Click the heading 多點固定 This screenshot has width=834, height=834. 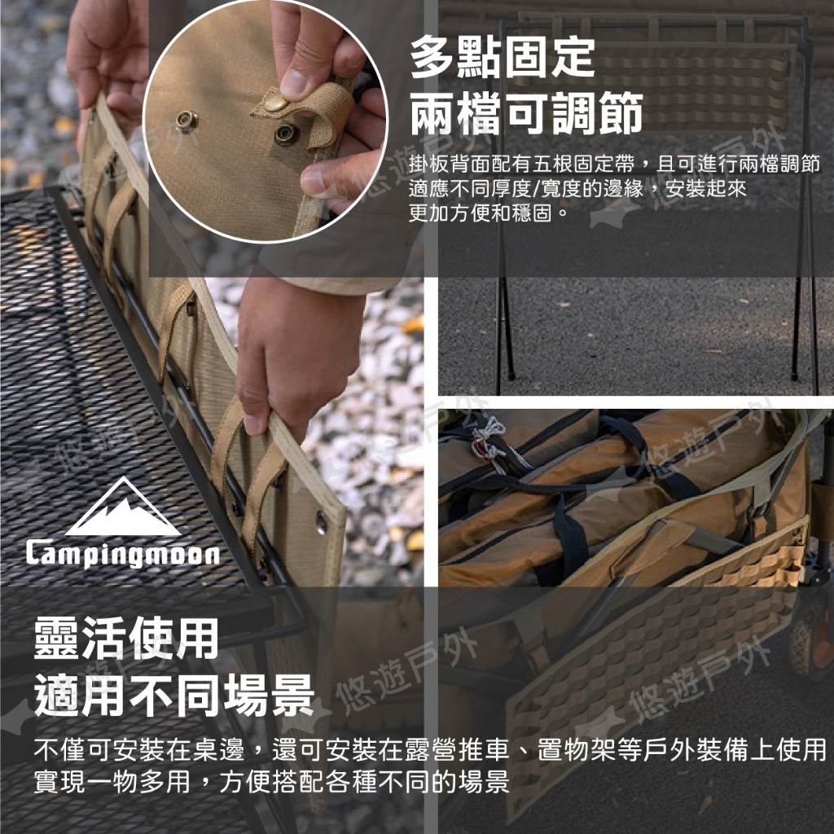point(502,57)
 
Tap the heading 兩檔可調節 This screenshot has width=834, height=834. point(526,112)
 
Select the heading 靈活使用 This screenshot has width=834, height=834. point(126,638)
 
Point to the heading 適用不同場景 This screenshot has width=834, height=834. point(173,695)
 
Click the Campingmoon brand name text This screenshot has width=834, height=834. point(123,554)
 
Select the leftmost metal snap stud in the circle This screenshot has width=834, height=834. point(187,121)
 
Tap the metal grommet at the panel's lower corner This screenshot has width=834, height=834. point(321,522)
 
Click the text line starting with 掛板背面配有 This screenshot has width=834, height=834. point(614,165)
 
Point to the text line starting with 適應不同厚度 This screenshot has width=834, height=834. point(577,188)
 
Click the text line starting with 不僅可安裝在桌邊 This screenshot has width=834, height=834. point(430,749)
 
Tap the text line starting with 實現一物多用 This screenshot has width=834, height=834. point(271,781)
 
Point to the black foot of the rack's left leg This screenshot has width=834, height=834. point(511,375)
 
